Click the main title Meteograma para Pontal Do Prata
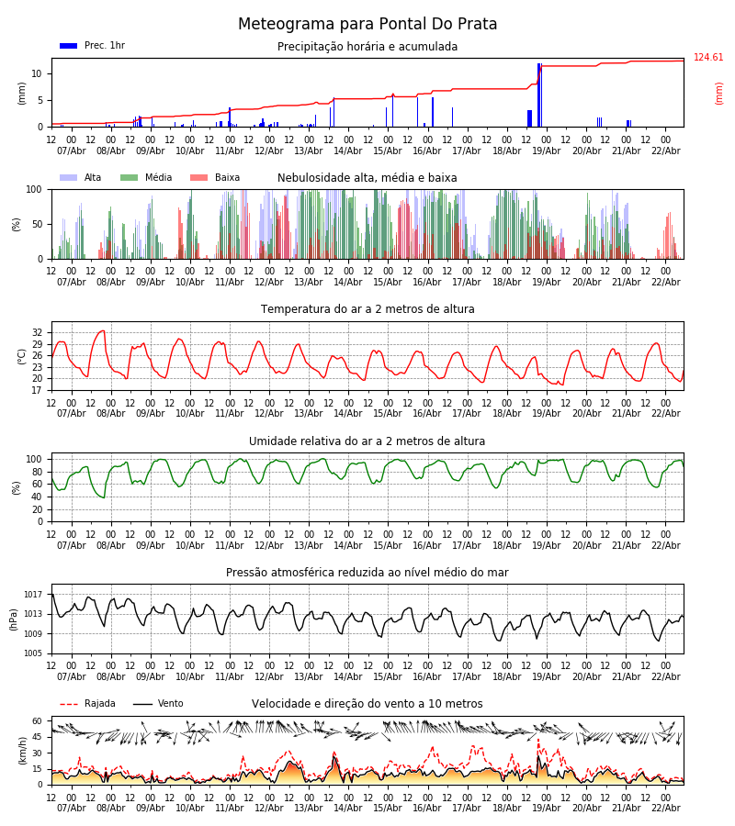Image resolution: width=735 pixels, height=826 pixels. click(x=367, y=25)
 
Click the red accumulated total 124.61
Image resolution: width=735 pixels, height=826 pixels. click(x=708, y=58)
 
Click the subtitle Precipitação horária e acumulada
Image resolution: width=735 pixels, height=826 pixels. click(x=367, y=47)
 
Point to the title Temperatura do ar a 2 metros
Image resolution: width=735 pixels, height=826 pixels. click(x=367, y=309)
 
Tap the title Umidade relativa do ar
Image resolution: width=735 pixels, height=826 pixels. click(x=367, y=441)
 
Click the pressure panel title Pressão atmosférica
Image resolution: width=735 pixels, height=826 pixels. click(x=367, y=573)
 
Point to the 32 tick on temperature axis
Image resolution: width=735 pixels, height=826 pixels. click(x=38, y=333)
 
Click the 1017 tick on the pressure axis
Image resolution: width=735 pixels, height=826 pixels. click(x=34, y=594)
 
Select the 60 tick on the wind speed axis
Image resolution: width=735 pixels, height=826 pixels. click(x=38, y=721)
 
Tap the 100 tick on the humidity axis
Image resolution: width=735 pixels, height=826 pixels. click(x=35, y=459)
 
